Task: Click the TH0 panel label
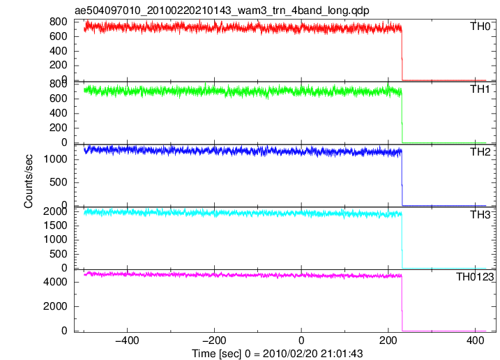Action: [480, 27]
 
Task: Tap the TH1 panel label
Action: [480, 89]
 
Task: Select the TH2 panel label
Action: [480, 152]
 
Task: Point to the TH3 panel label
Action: [480, 215]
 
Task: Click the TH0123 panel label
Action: [475, 277]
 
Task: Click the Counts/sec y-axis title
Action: [28, 181]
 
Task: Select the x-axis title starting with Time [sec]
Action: [278, 354]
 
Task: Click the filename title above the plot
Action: [222, 10]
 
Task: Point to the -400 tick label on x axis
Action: [127, 340]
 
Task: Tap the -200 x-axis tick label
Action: [214, 340]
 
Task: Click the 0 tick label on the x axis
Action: [301, 340]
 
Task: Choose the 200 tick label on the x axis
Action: [388, 340]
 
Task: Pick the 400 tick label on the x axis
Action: [475, 340]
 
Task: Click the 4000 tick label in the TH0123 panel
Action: [56, 282]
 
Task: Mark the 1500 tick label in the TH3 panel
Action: [56, 225]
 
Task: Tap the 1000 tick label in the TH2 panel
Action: [56, 159]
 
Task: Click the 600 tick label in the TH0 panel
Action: [59, 36]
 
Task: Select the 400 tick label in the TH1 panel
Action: [59, 113]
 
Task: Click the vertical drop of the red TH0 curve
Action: [402, 56]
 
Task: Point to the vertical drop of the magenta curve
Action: [402, 303]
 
